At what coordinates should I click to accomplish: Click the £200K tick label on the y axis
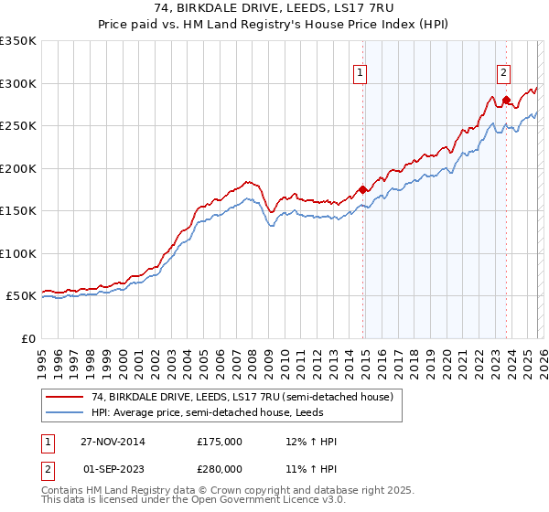pos(18,168)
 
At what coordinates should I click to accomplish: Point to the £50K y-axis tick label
pos(21,296)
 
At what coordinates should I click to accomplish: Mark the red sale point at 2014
pos(363,189)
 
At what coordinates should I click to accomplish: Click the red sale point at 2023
pos(506,100)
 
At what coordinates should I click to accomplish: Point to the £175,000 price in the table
pos(220,442)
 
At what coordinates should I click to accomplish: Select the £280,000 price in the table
pos(220,468)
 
